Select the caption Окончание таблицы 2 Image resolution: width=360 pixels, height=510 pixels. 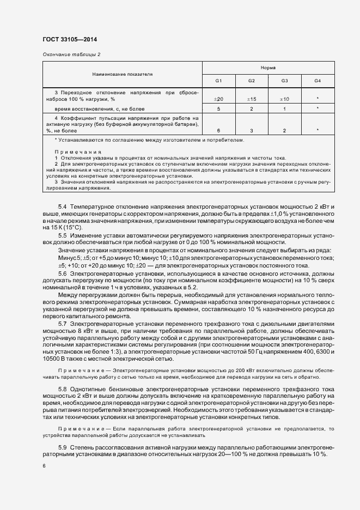tap(71, 55)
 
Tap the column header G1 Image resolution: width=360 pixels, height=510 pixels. tap(218, 81)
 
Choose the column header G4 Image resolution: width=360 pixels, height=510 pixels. tap(318, 81)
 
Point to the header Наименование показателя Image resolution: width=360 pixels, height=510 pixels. tap(122, 74)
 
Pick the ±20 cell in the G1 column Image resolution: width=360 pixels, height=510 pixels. tap(218, 99)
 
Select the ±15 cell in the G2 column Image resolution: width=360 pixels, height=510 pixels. tap(252, 99)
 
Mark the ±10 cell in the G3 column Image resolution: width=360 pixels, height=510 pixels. tap(284, 99)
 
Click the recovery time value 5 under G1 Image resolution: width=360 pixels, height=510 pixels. tap(218, 110)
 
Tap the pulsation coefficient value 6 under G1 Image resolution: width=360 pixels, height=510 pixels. tap(218, 131)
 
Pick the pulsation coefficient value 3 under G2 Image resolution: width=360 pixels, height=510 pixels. tap(252, 131)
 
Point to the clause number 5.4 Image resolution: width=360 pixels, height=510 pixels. tap(62, 208)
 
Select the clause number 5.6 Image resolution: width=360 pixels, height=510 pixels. tap(62, 274)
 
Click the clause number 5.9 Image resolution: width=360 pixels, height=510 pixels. tap(62, 447)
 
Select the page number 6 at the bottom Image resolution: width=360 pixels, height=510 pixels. tap(44, 466)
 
